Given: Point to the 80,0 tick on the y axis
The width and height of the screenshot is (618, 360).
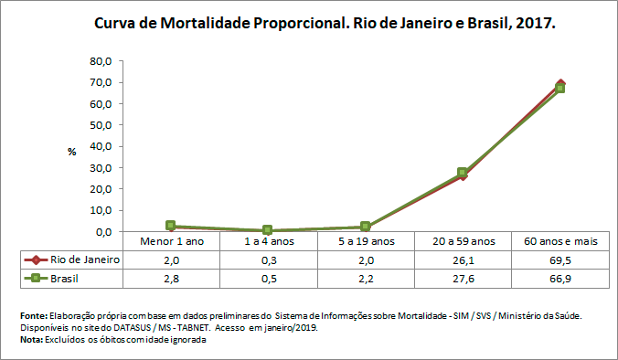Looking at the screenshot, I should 101,61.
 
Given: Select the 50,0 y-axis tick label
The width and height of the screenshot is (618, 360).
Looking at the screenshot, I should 101,125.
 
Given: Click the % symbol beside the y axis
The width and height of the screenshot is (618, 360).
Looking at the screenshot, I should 71,152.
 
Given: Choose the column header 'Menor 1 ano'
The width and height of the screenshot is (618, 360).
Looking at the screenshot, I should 171,241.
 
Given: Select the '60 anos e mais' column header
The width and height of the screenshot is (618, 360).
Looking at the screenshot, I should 559,241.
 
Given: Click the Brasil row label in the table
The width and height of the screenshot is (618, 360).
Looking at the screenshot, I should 70,278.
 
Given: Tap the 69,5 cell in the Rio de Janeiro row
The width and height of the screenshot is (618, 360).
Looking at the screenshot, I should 559,259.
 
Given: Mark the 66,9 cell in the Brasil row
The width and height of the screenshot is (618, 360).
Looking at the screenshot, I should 559,278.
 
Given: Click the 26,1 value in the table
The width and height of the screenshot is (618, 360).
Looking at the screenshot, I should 462,259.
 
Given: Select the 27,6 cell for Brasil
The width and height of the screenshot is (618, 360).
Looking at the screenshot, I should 462,278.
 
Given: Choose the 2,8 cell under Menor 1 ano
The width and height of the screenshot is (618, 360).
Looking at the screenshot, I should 171,278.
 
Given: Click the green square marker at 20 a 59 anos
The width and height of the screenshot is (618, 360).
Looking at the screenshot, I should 463,172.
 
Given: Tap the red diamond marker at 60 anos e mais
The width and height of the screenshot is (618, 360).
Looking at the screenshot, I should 559,83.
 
